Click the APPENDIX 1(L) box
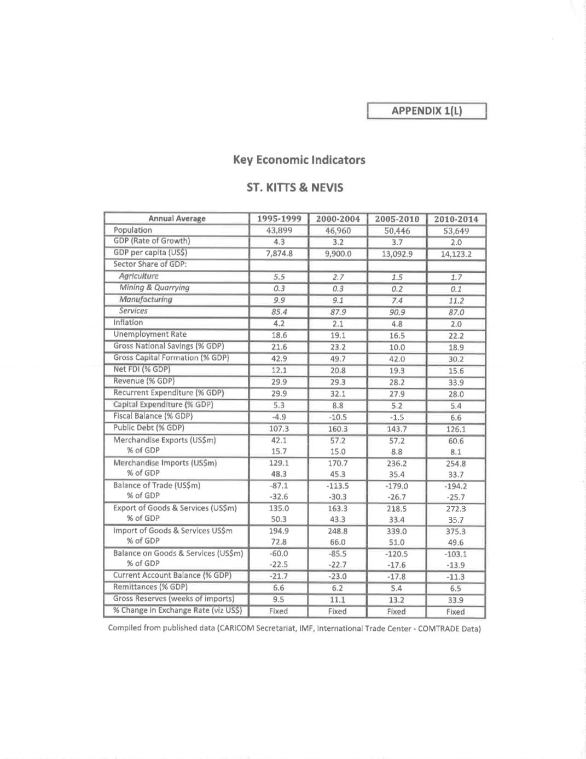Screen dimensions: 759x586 click(427, 111)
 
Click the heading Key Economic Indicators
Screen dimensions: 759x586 click(299, 160)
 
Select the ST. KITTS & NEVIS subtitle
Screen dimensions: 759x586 click(295, 187)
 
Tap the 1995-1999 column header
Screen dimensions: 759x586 click(279, 219)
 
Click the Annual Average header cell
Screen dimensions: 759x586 click(177, 219)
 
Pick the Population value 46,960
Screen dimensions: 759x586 click(338, 231)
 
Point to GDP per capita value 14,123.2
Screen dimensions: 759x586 click(456, 254)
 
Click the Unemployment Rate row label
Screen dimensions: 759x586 click(150, 334)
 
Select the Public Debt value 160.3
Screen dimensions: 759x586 click(338, 429)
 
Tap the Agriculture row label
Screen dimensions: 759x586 click(139, 276)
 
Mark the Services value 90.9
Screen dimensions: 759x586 click(397, 312)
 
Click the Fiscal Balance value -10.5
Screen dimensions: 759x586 click(338, 417)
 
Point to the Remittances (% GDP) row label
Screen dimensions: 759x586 click(150, 586)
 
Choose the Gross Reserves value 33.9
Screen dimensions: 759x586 click(455, 600)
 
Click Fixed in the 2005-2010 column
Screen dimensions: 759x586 click(396, 612)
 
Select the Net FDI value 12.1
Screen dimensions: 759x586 click(279, 370)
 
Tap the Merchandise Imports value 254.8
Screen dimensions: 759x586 click(455, 463)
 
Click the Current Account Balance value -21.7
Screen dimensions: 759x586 click(279, 576)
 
